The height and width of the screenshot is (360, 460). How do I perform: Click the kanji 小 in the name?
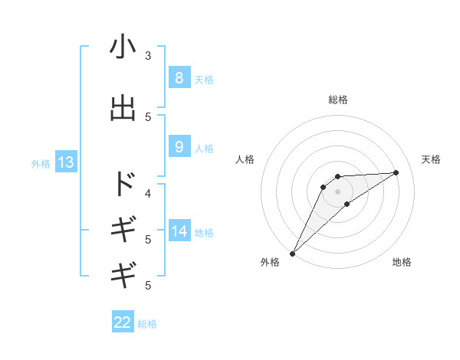pos(123,47)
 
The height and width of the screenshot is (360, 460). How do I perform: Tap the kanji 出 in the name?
pos(123,108)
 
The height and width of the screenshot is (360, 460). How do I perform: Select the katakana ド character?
pos(123,185)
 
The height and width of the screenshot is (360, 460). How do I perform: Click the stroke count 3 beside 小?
pos(148,56)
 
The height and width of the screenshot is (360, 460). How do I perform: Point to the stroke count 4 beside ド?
pos(148,193)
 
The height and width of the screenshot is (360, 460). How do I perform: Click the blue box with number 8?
pos(179,77)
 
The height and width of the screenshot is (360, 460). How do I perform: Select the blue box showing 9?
pos(179,147)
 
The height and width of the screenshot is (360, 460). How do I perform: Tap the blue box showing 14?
pos(179,231)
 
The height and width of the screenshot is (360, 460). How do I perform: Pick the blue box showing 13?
pos(65,162)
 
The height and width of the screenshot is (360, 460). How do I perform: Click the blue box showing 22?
pos(123,322)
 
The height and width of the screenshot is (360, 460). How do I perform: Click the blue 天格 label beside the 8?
pos(204,79)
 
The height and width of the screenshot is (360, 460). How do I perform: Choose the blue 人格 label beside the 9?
pos(204,149)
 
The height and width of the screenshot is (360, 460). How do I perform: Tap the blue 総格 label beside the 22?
pos(147,324)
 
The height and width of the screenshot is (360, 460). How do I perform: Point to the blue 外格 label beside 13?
pos(41,163)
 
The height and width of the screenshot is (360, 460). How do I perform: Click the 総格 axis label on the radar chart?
pos(337,100)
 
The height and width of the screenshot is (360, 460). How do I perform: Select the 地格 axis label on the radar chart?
pos(402,262)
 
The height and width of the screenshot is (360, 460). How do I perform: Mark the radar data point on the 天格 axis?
pos(396,172)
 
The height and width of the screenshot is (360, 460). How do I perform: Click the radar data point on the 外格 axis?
pos(292,254)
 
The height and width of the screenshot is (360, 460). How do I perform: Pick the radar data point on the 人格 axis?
pos(324,187)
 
